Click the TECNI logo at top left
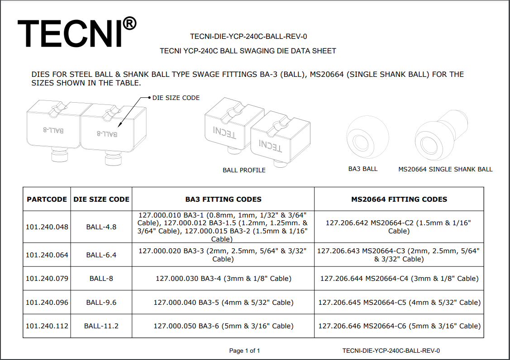click(x=70, y=33)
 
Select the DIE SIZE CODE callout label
click(x=176, y=98)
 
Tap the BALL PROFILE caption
click(x=244, y=170)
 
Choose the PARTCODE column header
click(x=47, y=199)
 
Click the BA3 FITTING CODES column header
click(x=223, y=199)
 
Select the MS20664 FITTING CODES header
click(x=399, y=199)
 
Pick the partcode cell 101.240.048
click(x=47, y=227)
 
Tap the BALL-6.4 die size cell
click(x=101, y=255)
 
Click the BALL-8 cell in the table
click(x=101, y=278)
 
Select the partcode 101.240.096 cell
click(x=47, y=302)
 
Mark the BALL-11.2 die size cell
click(x=101, y=326)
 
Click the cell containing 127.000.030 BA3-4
click(x=223, y=278)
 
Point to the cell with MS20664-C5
click(x=399, y=302)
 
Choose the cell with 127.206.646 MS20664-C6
click(x=399, y=326)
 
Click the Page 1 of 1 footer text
click(x=244, y=351)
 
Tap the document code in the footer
click(x=391, y=351)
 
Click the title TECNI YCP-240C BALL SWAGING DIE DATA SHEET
click(x=248, y=51)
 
